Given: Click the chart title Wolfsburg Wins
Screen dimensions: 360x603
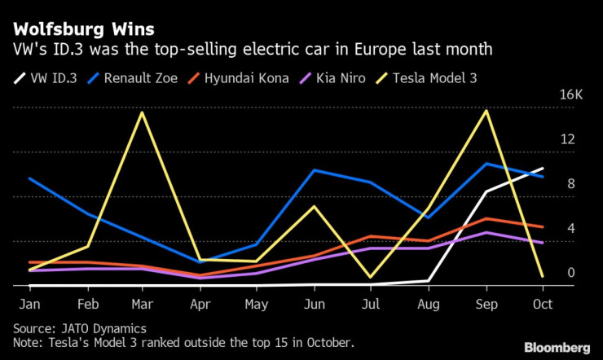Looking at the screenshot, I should pyautogui.click(x=83, y=29).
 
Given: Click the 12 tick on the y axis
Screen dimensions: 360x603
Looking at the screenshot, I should pyautogui.click(x=566, y=140).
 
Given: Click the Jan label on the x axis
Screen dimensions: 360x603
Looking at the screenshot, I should pyautogui.click(x=29, y=305).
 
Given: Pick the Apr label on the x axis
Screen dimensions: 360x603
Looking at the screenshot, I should pyautogui.click(x=200, y=305).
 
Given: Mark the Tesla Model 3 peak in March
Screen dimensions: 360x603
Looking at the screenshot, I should pyautogui.click(x=143, y=112).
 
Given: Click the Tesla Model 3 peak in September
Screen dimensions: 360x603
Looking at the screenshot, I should pyautogui.click(x=486, y=110).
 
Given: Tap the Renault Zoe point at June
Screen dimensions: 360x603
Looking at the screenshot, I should pyautogui.click(x=315, y=170).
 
